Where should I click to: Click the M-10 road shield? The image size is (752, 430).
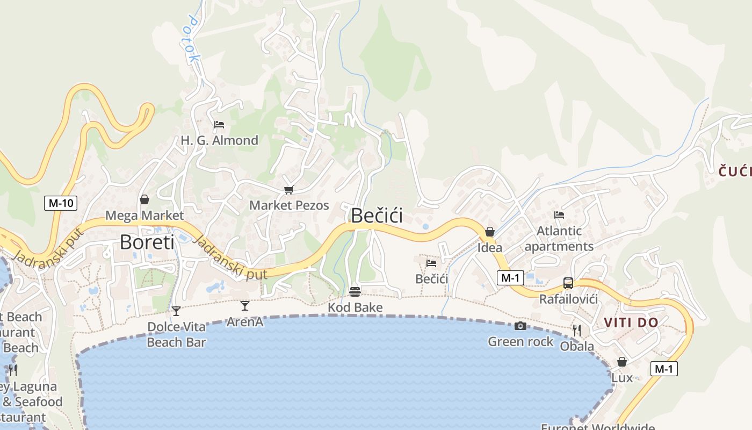[x=61, y=203]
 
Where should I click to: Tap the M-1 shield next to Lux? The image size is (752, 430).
[x=664, y=369]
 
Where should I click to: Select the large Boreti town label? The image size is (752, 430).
[x=147, y=242]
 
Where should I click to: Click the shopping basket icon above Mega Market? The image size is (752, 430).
[x=144, y=200]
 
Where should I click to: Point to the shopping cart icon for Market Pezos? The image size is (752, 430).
[x=289, y=190]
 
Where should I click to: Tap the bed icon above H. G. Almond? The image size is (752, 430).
[x=219, y=125]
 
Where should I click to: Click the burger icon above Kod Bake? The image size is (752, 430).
[x=355, y=292]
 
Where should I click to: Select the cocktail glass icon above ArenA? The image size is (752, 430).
[x=245, y=306]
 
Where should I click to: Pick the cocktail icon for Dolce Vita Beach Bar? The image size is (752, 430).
[x=176, y=311]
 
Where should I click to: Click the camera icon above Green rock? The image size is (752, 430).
[x=520, y=326]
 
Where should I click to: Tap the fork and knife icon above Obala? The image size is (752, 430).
[x=577, y=330]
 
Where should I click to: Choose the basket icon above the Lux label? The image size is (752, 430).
[x=622, y=362]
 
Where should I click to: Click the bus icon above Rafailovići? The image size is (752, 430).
[x=568, y=283]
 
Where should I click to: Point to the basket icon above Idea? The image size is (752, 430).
[x=490, y=232]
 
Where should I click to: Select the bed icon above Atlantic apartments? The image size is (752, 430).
[x=559, y=215]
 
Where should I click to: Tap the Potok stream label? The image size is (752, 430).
[x=192, y=38]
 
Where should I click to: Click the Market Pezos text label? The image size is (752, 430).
[x=289, y=205]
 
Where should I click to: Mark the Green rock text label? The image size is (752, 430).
[x=520, y=342]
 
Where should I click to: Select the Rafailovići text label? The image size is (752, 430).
[x=568, y=299]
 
